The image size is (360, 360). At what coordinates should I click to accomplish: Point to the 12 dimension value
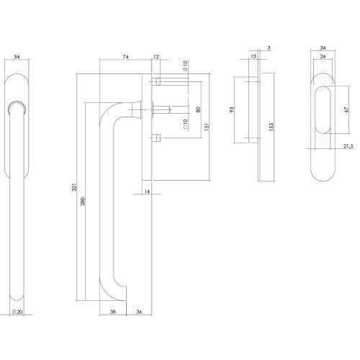pyautogui.click(x=156, y=56)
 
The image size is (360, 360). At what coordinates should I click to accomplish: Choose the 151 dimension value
pyautogui.click(x=207, y=127)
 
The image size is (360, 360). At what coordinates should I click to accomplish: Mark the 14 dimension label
pyautogui.click(x=146, y=191)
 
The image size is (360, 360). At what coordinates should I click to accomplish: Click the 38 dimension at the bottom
pyautogui.click(x=113, y=312)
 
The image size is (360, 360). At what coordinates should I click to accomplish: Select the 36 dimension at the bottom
pyautogui.click(x=139, y=312)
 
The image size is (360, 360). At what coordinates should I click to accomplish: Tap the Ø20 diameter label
pyautogui.click(x=17, y=312)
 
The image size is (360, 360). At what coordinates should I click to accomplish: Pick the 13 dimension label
pyautogui.click(x=253, y=56)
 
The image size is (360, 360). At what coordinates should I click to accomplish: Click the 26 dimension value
pyautogui.click(x=323, y=56)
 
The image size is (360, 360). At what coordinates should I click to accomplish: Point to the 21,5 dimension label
pyautogui.click(x=347, y=145)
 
